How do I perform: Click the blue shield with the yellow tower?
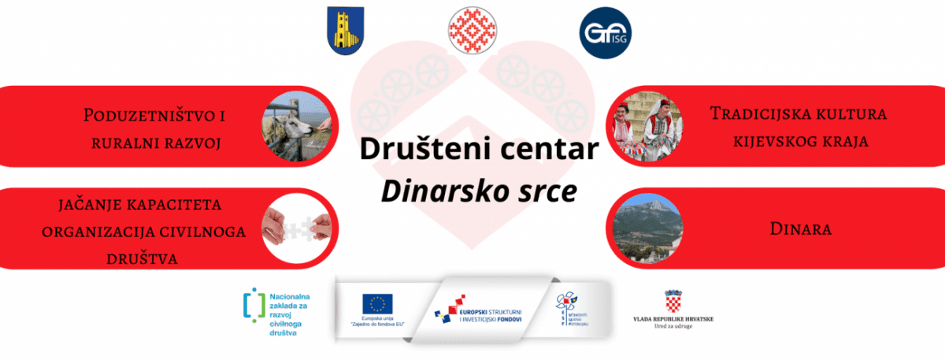346,32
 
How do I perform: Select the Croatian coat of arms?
674,302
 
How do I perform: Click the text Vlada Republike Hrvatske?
673,319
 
